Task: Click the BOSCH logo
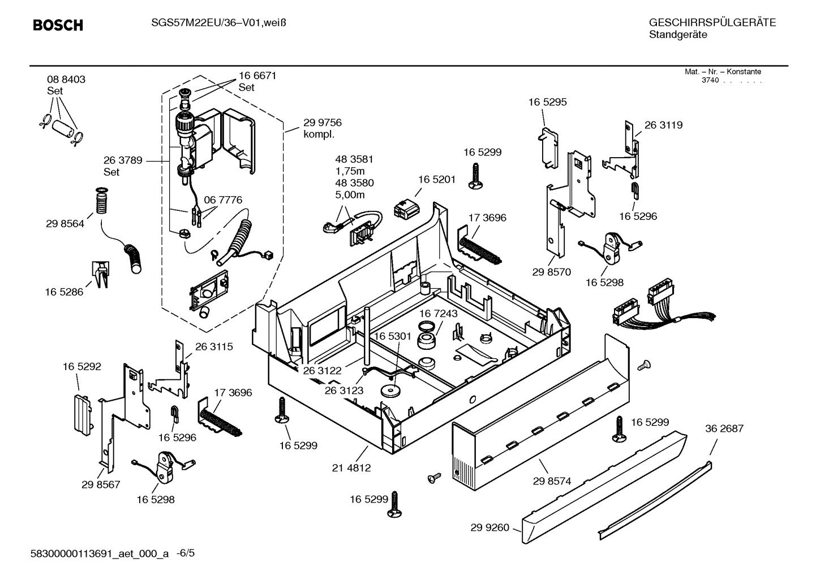click(58, 25)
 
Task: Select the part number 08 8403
click(66, 80)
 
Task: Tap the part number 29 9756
click(322, 123)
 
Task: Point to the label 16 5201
click(436, 179)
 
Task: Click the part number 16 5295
click(547, 102)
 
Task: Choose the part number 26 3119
click(663, 125)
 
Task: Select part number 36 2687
click(724, 428)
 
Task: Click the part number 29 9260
click(489, 528)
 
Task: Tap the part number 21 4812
click(351, 467)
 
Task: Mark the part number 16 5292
click(82, 367)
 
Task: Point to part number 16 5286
click(64, 292)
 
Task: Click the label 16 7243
click(439, 313)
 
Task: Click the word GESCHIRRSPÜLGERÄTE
click(712, 23)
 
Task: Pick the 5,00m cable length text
click(350, 195)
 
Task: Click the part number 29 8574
click(552, 481)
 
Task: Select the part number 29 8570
click(551, 272)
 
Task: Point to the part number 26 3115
click(214, 347)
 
